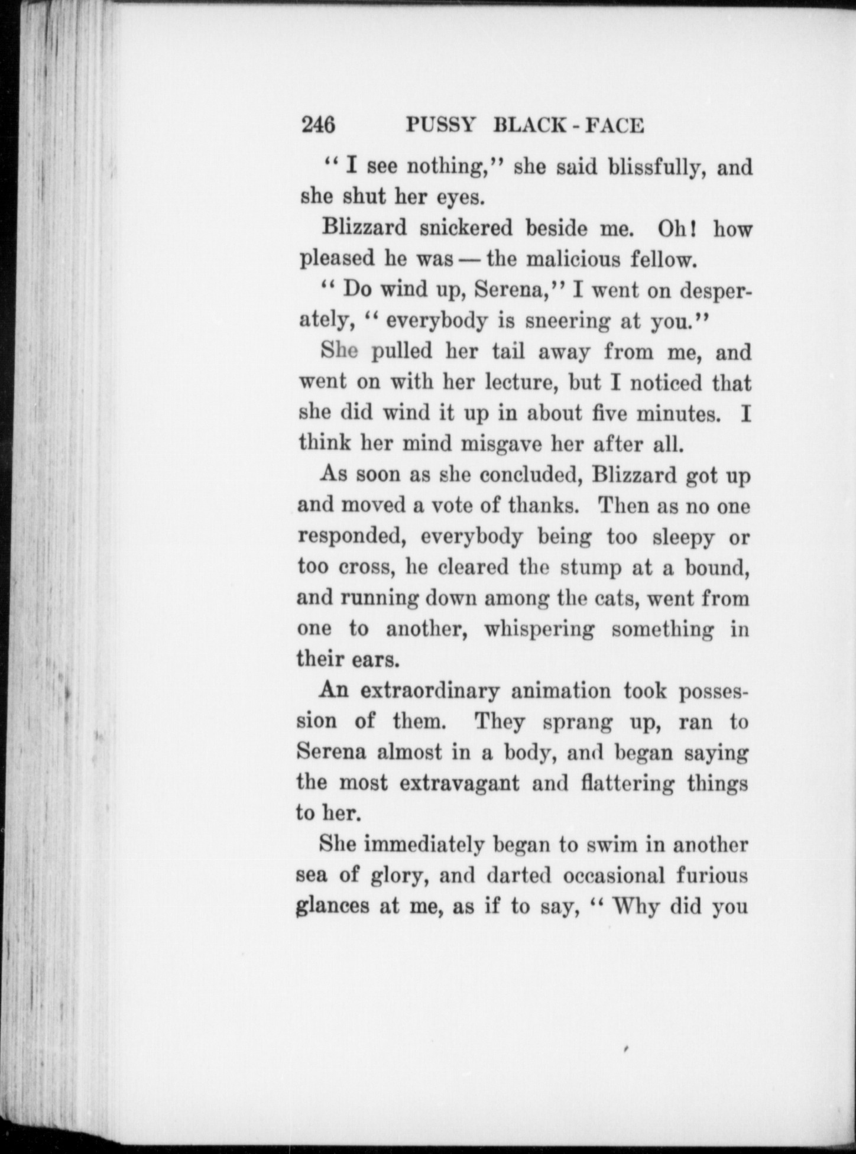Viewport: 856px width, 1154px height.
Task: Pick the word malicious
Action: (573, 260)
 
